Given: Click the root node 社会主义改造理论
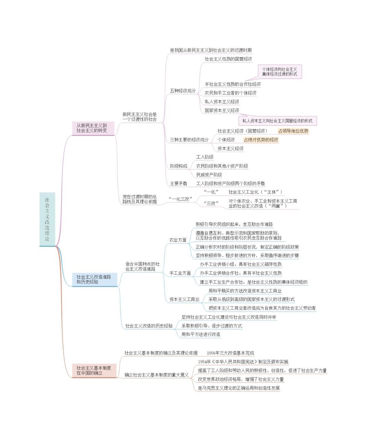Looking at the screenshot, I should coord(47,219).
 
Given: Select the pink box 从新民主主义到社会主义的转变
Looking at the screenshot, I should coord(92,128).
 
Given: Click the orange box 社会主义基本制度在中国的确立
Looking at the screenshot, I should coord(94,371).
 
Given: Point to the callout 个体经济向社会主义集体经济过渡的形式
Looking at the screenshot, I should coord(279,72).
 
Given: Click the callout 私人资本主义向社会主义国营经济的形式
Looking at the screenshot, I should coord(277,121).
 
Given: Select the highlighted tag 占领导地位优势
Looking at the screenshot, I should coord(293,131).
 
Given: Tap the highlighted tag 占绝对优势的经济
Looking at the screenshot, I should coord(261,140).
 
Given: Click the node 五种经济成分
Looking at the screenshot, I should coord(183,91).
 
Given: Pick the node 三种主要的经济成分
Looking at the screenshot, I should coord(189,140).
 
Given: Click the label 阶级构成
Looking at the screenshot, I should coord(178,166).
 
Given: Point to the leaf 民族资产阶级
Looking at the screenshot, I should coord(209,175).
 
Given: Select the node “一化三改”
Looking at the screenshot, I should coord(180,198).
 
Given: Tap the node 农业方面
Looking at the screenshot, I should coord(178,240).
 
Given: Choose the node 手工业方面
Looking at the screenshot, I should coord(180,273).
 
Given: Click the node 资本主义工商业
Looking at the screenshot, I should coord(184,299).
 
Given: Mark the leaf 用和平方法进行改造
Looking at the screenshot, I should coord(201,334).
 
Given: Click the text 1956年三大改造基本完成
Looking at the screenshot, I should coord(230,353).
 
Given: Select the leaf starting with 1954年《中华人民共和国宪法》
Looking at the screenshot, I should coord(243,362).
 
